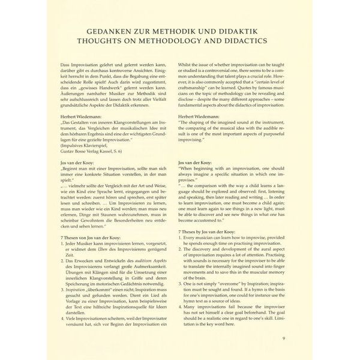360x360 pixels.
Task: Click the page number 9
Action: point(284,338)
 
